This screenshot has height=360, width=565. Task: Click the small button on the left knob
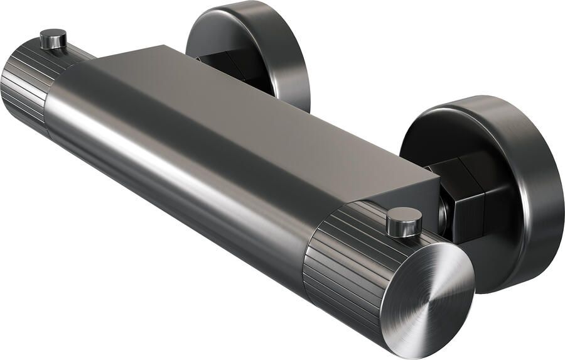tap(53, 39)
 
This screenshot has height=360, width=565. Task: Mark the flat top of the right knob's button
tap(404, 216)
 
